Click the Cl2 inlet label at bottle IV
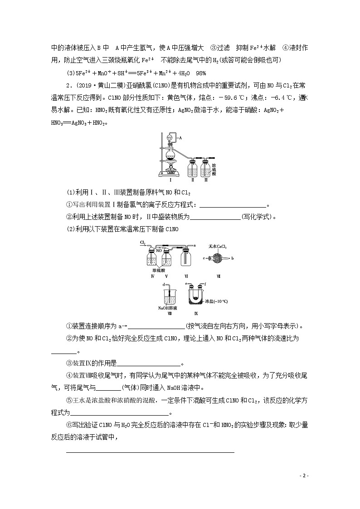pyautogui.click(x=143, y=243)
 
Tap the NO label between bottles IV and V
pyautogui.click(x=159, y=250)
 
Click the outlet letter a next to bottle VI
pyautogui.click(x=194, y=245)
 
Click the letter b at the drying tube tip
pyautogui.click(x=232, y=258)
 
